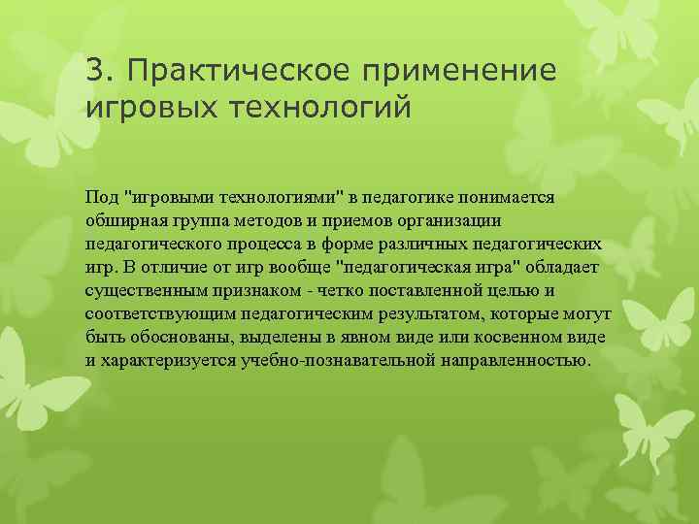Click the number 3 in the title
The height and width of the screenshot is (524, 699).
click(x=93, y=70)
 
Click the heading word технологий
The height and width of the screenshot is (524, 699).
click(x=322, y=105)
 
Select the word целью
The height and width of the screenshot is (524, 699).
click(x=508, y=289)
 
